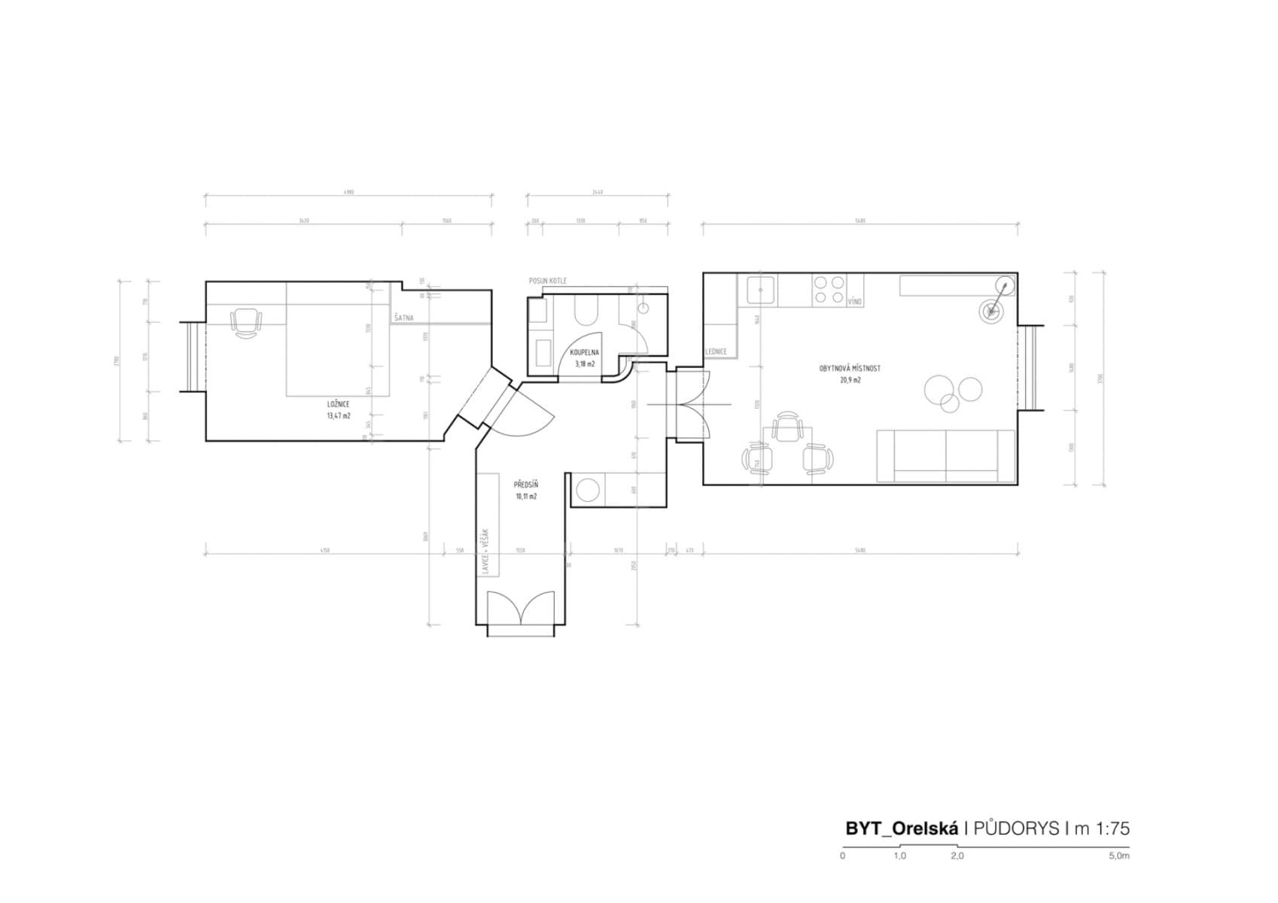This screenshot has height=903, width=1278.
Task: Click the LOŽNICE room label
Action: pyautogui.click(x=338, y=404)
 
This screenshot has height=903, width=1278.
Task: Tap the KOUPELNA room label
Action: pyautogui.click(x=584, y=352)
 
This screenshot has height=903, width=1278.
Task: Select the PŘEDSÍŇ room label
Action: pyautogui.click(x=525, y=485)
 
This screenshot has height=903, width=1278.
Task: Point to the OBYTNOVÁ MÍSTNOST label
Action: pyautogui.click(x=850, y=369)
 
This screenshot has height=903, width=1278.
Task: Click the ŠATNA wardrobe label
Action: pyautogui.click(x=404, y=318)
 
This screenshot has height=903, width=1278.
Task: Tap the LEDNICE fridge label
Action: pyautogui.click(x=716, y=352)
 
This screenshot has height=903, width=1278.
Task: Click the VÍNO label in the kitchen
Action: pyautogui.click(x=854, y=301)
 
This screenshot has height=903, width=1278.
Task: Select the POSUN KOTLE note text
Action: pyautogui.click(x=547, y=281)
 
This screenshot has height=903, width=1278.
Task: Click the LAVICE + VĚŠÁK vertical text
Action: pyautogui.click(x=487, y=552)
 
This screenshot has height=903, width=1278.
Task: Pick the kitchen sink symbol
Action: pyautogui.click(x=761, y=289)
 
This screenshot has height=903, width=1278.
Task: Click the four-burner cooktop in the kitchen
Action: pyautogui.click(x=829, y=290)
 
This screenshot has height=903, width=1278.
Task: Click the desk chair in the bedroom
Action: pyautogui.click(x=246, y=323)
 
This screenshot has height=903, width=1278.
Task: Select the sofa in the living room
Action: pyautogui.click(x=946, y=455)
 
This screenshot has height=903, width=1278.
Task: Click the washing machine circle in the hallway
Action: pyautogui.click(x=587, y=491)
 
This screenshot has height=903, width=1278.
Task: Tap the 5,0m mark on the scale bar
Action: pyautogui.click(x=1118, y=856)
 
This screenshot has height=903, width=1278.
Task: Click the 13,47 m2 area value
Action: pyautogui.click(x=338, y=415)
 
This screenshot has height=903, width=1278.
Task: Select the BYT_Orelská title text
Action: pyautogui.click(x=901, y=829)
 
